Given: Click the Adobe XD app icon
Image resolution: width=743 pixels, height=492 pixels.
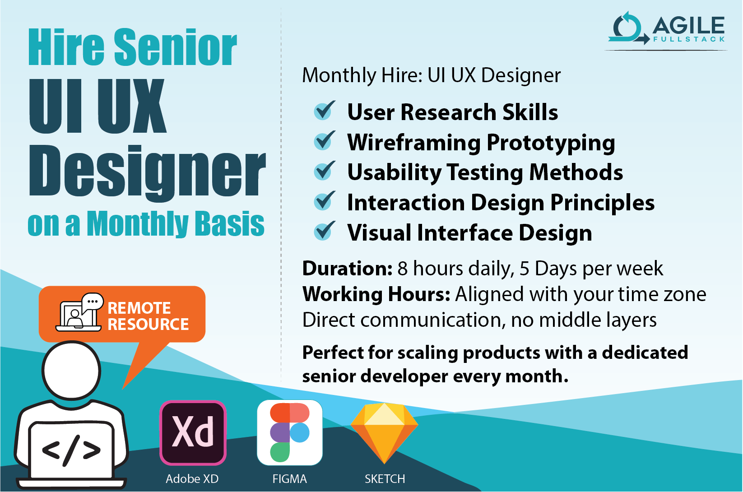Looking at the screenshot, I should coord(193,432).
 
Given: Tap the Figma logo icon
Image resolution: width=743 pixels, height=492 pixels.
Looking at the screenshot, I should coord(289,432).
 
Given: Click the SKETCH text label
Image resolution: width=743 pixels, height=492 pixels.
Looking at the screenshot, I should coord(385,478).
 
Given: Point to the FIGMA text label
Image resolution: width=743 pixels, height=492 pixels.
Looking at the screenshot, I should coord(289,478).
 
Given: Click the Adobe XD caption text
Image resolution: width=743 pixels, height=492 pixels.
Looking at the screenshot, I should coord(192,478).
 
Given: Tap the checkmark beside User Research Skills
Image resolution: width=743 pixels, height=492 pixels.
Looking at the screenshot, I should coord(324,111).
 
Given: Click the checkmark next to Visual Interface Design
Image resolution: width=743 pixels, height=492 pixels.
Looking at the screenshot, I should coord(324,231).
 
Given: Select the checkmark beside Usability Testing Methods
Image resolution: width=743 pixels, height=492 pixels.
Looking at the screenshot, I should coord(324,171).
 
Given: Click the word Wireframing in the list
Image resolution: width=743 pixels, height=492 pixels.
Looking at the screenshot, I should coord(413,143).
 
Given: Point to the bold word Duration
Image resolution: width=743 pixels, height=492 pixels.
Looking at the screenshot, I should coord(347,269).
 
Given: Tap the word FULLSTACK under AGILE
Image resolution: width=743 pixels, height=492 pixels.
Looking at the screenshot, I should coord(689,39).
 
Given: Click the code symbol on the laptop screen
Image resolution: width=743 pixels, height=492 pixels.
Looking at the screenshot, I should coord(71,450).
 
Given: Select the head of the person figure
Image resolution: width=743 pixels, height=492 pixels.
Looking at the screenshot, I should coord(71,370).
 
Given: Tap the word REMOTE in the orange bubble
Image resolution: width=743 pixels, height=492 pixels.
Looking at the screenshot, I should coord(139,308).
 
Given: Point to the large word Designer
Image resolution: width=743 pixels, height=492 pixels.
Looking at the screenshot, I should coord(147,172).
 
